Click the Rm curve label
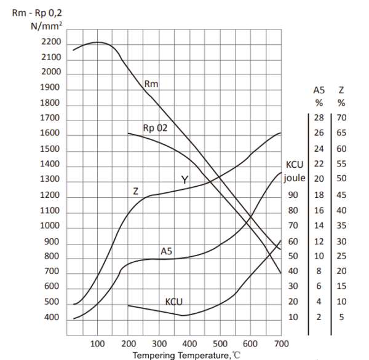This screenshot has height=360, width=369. point(151,83)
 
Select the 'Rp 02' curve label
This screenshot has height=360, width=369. point(155,128)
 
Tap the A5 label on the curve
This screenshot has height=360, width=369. point(167,251)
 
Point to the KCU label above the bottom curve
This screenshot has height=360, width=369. point(175,302)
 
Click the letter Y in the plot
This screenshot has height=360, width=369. point(184,179)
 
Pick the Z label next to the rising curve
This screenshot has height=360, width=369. point(136,191)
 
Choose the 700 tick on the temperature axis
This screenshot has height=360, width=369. point(281,343)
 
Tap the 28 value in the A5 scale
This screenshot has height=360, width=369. point(319,117)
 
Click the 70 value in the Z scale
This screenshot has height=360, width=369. point(341,117)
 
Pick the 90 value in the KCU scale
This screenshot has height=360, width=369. point(293,195)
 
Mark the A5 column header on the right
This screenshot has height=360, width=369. point(319,90)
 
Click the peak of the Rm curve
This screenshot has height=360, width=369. point(98,42)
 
